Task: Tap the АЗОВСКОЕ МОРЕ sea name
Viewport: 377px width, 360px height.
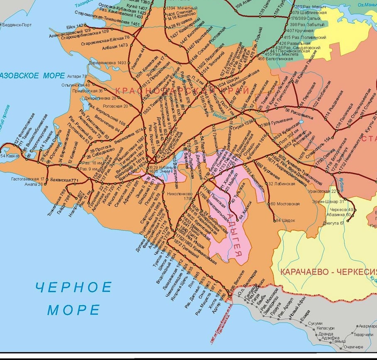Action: coord(33,76)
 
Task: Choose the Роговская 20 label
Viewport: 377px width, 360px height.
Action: coord(115,106)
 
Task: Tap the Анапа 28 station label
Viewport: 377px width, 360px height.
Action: coord(34,184)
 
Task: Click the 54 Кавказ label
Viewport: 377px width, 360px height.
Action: coord(9,156)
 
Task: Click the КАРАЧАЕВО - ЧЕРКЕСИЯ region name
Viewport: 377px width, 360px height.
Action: coord(328,272)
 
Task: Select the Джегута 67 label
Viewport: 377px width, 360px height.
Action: coord(333,223)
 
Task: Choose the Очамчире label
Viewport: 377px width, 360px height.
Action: coord(353,346)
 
